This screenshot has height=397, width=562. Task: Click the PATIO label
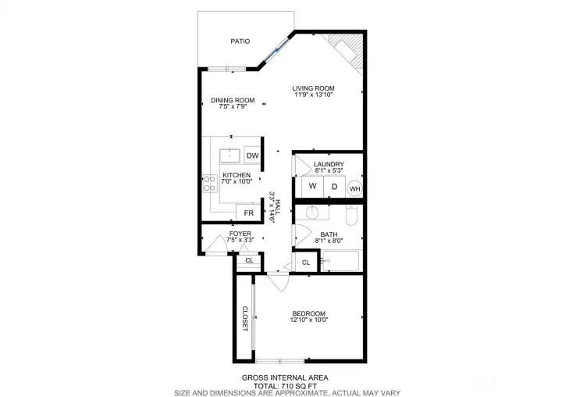pos(240,41)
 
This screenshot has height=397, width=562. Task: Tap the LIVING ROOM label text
pos(313,88)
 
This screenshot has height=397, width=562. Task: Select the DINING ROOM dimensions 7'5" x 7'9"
pos(233,107)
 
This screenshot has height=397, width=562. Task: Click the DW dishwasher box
pos(253,156)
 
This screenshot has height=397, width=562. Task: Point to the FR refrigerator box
pos(249,213)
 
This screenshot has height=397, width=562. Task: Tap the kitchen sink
pos(229,154)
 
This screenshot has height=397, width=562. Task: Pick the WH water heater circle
pos(354,188)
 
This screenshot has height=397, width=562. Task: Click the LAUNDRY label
pos(329,164)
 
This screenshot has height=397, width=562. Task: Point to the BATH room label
pos(329,234)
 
